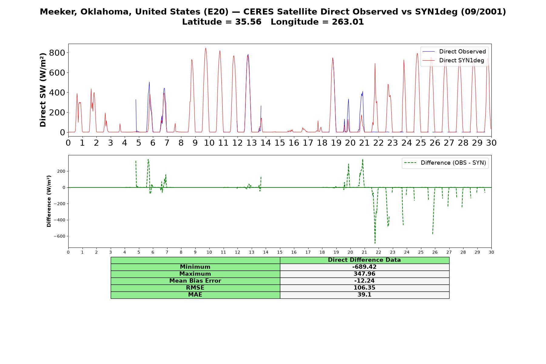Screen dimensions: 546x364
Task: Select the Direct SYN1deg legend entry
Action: (453, 60)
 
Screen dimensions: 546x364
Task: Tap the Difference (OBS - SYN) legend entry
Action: (445, 163)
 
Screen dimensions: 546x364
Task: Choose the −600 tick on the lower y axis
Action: (59, 236)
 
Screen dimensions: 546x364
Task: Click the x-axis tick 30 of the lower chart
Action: (491, 252)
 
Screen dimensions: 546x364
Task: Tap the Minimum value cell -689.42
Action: (364, 267)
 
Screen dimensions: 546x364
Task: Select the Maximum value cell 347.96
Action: (364, 274)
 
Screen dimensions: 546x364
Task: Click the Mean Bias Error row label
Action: (195, 281)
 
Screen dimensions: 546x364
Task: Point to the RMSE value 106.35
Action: (364, 288)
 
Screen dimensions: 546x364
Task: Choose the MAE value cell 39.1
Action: (364, 295)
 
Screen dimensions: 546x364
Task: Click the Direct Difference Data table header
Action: (364, 260)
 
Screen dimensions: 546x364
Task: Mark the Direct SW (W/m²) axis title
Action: (43, 90)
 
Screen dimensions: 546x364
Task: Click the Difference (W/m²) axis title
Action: (49, 201)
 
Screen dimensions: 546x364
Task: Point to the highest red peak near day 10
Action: (206, 48)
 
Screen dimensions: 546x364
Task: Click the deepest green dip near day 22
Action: (375, 243)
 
